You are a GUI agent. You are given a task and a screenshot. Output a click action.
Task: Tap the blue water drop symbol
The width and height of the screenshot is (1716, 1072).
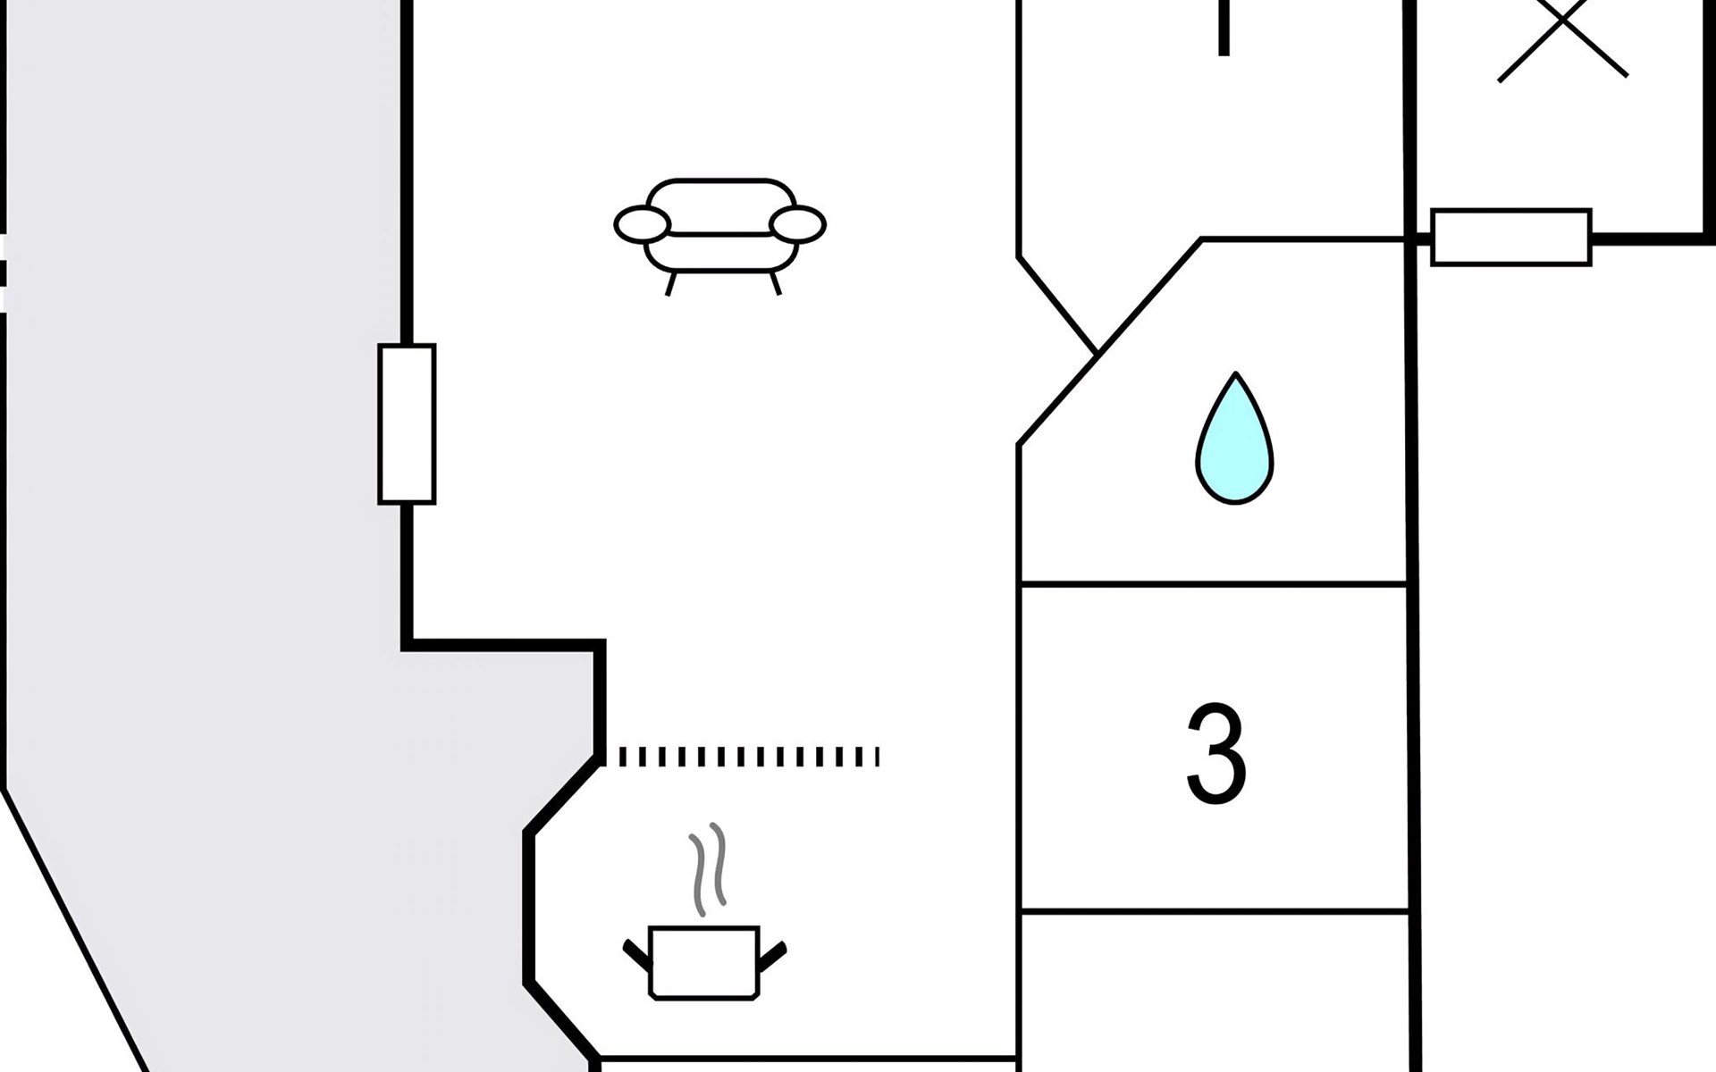[x=1234, y=447]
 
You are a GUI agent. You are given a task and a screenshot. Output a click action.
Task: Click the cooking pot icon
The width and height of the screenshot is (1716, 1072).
[x=704, y=960]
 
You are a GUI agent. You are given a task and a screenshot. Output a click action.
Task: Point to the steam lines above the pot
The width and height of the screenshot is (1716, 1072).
[x=708, y=868]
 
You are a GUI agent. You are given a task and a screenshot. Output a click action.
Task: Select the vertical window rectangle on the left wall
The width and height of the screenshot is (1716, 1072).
[x=407, y=423]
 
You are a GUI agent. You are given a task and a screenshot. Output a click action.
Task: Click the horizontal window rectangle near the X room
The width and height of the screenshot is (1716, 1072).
[x=1510, y=237]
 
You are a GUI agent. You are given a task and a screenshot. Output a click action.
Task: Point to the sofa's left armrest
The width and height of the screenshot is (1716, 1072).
[x=642, y=224]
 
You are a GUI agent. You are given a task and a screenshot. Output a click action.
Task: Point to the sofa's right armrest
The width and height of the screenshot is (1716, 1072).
[x=797, y=224]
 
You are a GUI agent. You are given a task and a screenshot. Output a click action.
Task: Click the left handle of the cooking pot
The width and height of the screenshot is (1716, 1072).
[x=637, y=954]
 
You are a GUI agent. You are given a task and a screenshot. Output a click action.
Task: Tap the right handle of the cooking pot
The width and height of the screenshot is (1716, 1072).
[x=772, y=955]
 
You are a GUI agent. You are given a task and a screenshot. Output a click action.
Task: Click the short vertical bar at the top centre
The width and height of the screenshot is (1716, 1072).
[x=1224, y=27]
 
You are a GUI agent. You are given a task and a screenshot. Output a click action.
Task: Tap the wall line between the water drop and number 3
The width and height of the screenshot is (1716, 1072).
[x=1215, y=585]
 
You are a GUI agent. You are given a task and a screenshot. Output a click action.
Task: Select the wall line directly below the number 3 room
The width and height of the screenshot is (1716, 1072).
[x=1215, y=912]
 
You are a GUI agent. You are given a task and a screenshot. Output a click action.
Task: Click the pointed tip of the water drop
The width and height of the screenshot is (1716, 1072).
[x=1235, y=376]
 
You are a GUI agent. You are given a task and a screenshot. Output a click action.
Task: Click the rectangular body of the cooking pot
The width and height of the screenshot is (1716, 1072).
[x=704, y=963]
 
